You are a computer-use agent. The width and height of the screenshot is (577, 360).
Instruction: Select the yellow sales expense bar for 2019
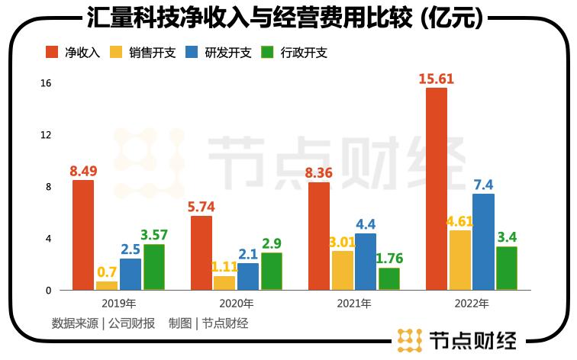pos(107,285)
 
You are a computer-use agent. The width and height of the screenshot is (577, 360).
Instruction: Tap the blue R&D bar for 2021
pos(366,261)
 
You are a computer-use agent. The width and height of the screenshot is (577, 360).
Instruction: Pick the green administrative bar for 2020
pos(272,271)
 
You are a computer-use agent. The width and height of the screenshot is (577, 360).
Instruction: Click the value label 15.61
pos(437,79)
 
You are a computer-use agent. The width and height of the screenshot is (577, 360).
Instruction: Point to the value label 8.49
pos(83,171)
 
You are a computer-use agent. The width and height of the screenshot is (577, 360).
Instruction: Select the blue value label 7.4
pos(484,185)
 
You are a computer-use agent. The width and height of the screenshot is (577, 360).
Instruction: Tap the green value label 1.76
pos(389,258)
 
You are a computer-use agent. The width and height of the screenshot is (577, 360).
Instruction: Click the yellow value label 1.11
pos(224,266)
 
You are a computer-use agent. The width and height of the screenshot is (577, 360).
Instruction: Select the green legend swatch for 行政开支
pos(268,53)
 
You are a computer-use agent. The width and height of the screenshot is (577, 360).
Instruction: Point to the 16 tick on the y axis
pos(46,83)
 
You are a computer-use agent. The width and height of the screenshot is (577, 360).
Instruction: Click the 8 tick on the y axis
pos(48,187)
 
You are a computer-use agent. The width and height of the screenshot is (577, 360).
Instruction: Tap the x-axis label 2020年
pos(236,304)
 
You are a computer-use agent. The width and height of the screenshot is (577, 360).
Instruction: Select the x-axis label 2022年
pos(472,304)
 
